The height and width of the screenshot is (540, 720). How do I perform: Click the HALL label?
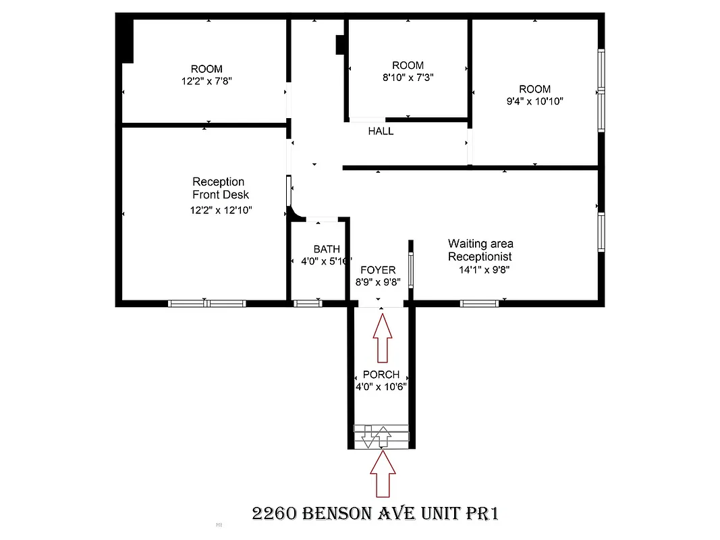click(x=381, y=131)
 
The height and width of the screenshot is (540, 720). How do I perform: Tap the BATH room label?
click(x=327, y=249)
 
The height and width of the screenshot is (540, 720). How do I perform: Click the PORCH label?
click(x=381, y=375)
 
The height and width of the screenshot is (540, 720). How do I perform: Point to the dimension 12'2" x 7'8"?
click(x=206, y=80)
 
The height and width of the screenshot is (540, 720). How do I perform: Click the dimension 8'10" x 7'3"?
click(x=408, y=77)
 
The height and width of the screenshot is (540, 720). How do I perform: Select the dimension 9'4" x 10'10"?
click(x=534, y=101)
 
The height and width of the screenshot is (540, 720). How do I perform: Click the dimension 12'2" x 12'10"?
click(x=221, y=210)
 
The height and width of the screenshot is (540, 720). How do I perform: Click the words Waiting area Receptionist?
click(x=480, y=250)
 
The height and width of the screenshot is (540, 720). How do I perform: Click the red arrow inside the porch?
click(x=383, y=341)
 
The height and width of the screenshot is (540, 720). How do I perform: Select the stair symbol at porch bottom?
click(x=382, y=436)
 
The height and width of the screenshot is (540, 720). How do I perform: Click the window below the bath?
click(x=308, y=303)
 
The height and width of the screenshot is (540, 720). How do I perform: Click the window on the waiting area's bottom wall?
click(x=480, y=303)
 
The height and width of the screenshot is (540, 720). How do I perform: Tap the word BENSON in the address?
click(x=343, y=514)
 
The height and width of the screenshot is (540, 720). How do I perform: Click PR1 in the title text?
click(x=482, y=514)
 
